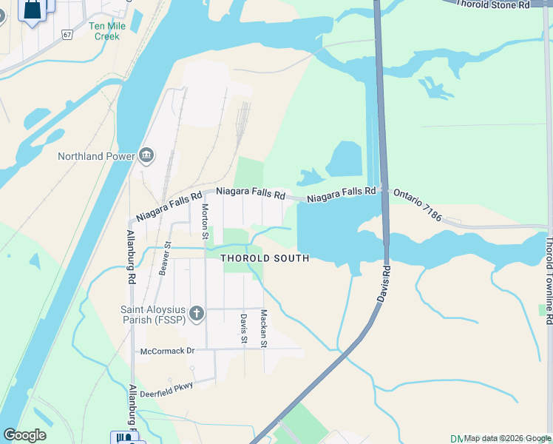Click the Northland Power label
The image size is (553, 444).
pos(96,156)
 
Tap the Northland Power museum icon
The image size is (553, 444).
pos(146,155)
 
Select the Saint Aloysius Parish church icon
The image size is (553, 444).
pos(196,314)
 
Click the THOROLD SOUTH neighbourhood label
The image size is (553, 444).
pos(265,258)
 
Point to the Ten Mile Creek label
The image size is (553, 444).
pos(106,30)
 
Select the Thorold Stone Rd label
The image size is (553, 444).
pos(492,4)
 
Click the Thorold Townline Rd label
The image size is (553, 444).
pos(549,275)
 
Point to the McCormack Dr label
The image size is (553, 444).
pos(166,351)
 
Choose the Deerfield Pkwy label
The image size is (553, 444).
pos(167,385)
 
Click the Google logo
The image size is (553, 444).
pos(24,435)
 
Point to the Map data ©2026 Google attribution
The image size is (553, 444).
pos(507,438)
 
